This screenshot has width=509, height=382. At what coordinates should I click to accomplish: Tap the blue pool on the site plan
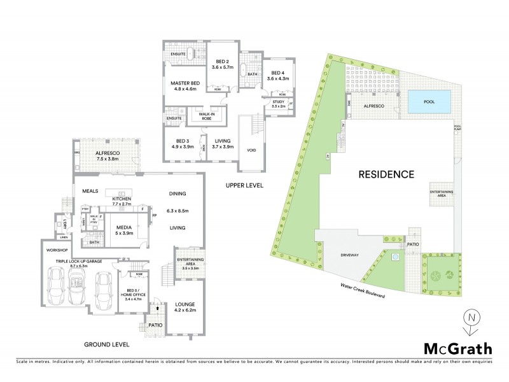click(426, 101)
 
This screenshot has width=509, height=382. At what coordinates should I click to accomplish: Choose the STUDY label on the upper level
click(277, 103)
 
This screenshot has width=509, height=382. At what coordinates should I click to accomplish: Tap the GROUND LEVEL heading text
click(106, 344)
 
